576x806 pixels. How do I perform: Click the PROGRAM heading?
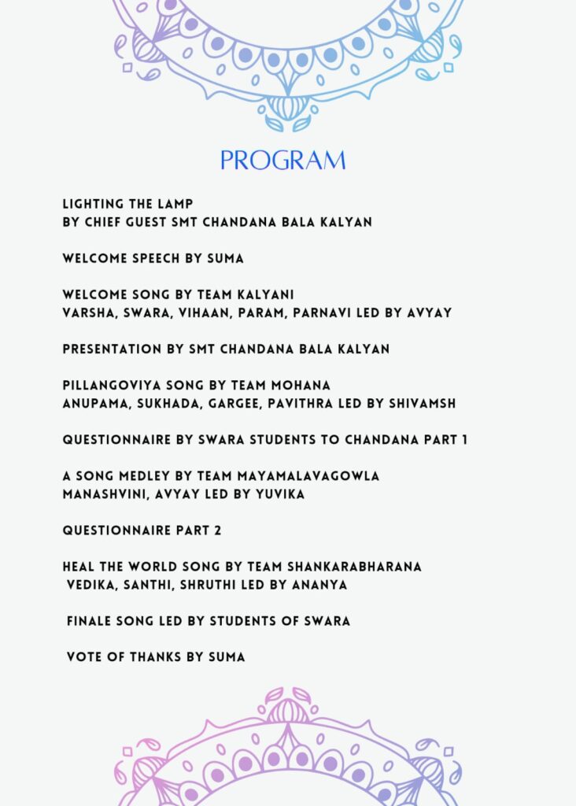coord(282,161)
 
